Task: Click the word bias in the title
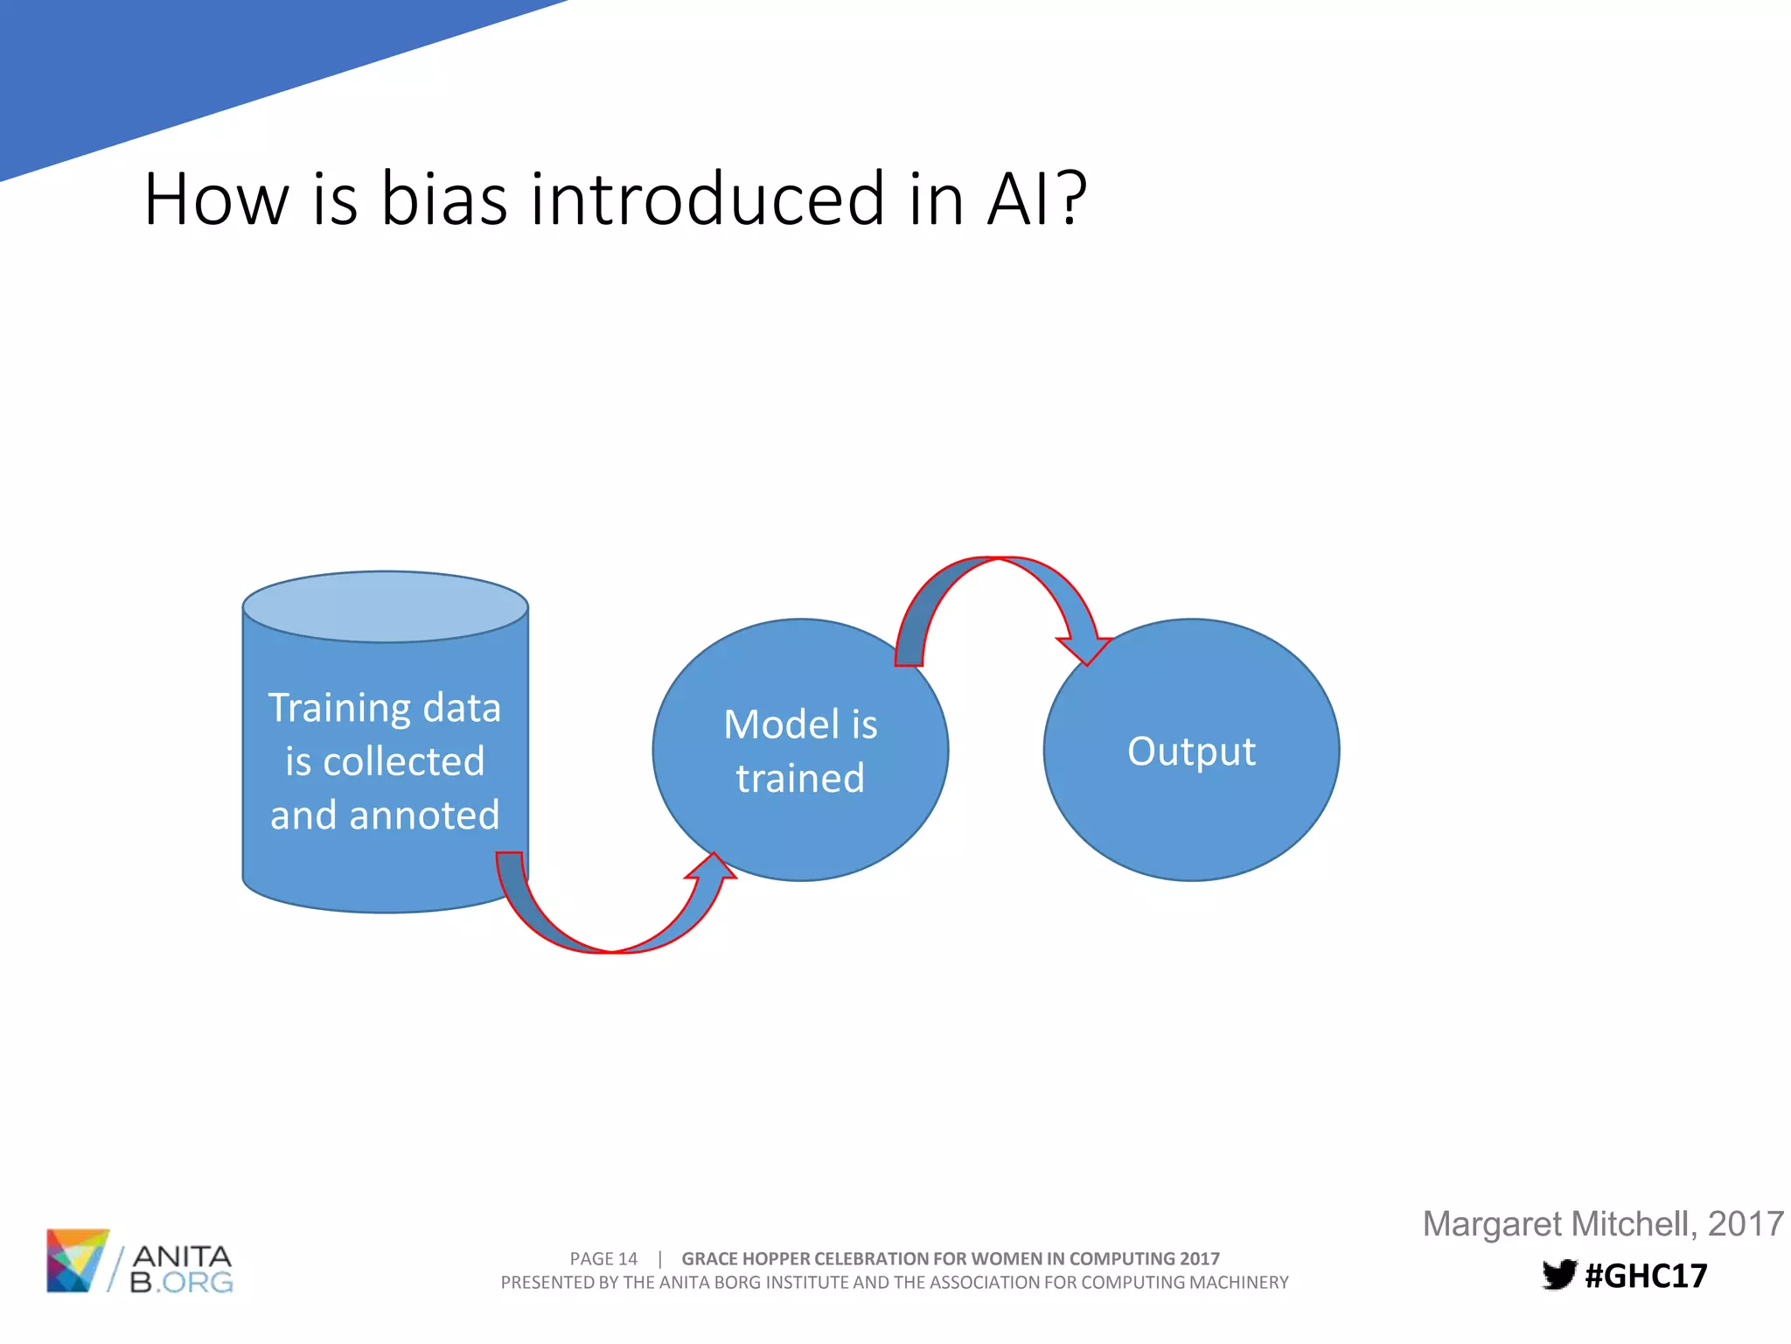pyautogui.click(x=444, y=199)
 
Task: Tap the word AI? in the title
pyautogui.click(x=1037, y=199)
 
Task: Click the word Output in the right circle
pyautogui.click(x=1191, y=751)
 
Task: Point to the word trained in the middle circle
pyautogui.click(x=800, y=778)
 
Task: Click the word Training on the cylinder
pyautogui.click(x=339, y=708)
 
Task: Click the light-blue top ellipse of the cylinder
pyautogui.click(x=385, y=606)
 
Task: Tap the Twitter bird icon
pyautogui.click(x=1558, y=1275)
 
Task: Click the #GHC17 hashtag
pyautogui.click(x=1646, y=1276)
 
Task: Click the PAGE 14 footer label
pyautogui.click(x=603, y=1258)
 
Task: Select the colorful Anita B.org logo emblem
pyautogui.click(x=77, y=1260)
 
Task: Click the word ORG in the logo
pyautogui.click(x=198, y=1283)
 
